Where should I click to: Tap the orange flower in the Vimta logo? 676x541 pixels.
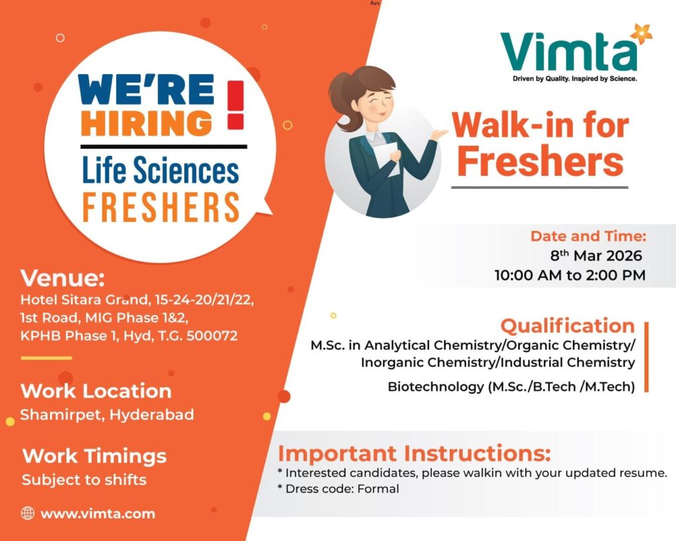pyautogui.click(x=640, y=33)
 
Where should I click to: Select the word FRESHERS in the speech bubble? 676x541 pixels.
pyautogui.click(x=160, y=207)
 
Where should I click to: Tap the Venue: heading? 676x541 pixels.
pyautogui.click(x=63, y=278)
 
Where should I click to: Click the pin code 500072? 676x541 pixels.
pyautogui.click(x=212, y=336)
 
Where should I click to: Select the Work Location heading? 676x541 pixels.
pyautogui.click(x=96, y=391)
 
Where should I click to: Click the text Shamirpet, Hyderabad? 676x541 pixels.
pyautogui.click(x=107, y=415)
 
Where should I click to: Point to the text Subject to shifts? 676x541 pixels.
pyautogui.click(x=84, y=480)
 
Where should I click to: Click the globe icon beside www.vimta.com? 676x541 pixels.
pyautogui.click(x=28, y=513)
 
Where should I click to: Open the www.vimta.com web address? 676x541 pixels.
pyautogui.click(x=98, y=513)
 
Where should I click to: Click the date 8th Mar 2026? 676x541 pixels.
pyautogui.click(x=596, y=256)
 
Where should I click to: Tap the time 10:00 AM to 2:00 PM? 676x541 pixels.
pyautogui.click(x=570, y=275)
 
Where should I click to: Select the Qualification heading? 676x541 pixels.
pyautogui.click(x=568, y=326)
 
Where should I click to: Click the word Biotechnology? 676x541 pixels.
pyautogui.click(x=435, y=387)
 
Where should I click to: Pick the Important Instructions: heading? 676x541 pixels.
pyautogui.click(x=414, y=454)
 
